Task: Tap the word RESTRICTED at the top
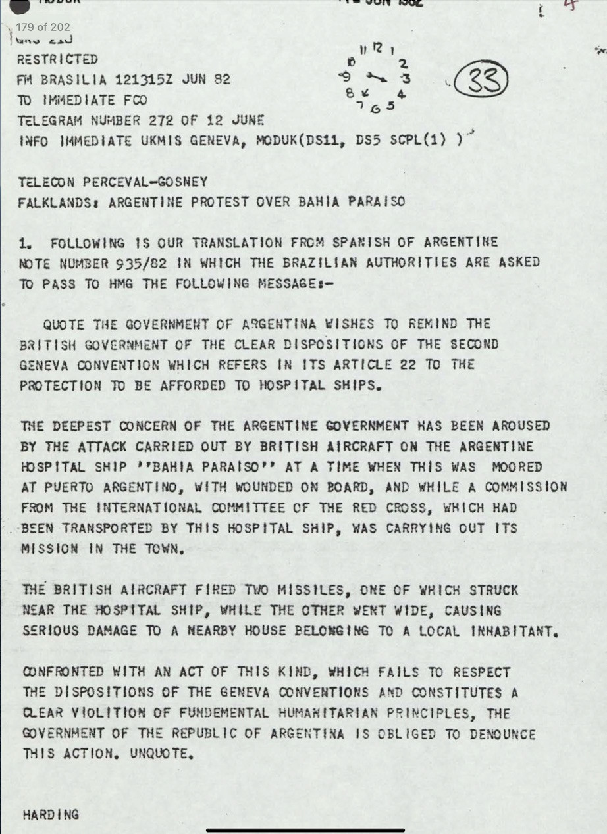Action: pyautogui.click(x=57, y=59)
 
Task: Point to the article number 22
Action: pyautogui.click(x=408, y=364)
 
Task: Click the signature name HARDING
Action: pyautogui.click(x=51, y=814)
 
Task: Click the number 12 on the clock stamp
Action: pyautogui.click(x=377, y=47)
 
